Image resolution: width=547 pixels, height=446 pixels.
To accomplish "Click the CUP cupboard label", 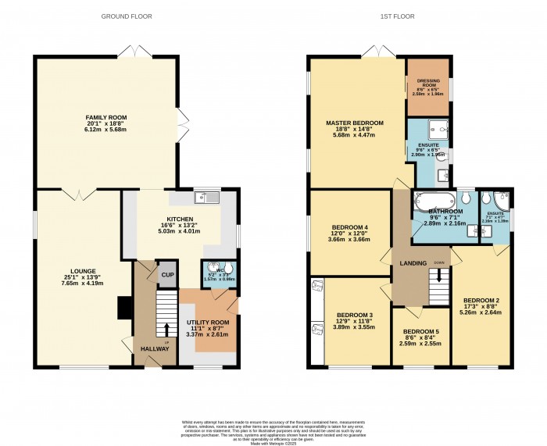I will tap(166, 275).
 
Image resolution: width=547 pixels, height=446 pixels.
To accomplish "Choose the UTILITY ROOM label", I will tap(208, 322).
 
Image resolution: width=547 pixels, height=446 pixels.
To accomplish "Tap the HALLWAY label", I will tap(154, 348).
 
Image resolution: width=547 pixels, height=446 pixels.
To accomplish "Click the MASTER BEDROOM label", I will tap(355, 123).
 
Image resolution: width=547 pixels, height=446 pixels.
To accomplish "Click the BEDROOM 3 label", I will tap(355, 315).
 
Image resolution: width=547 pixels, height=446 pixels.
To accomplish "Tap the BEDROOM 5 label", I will tap(420, 331).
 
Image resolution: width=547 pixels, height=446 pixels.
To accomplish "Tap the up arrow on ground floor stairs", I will tap(166, 329).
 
